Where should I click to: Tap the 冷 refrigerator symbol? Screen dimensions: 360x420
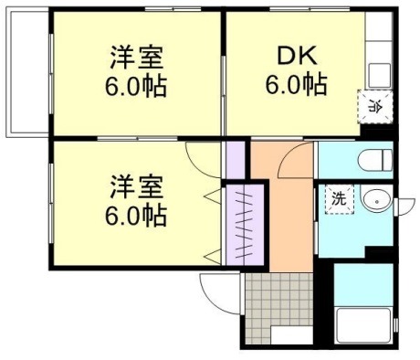pos(373,105)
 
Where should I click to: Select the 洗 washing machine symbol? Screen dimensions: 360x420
pos(339,198)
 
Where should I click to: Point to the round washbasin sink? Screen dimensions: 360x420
pos(373,200)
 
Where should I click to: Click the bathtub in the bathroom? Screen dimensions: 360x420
pos(365,325)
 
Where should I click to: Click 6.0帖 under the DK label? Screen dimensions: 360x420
pos(296,86)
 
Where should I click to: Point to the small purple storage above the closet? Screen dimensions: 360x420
pos(236,161)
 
